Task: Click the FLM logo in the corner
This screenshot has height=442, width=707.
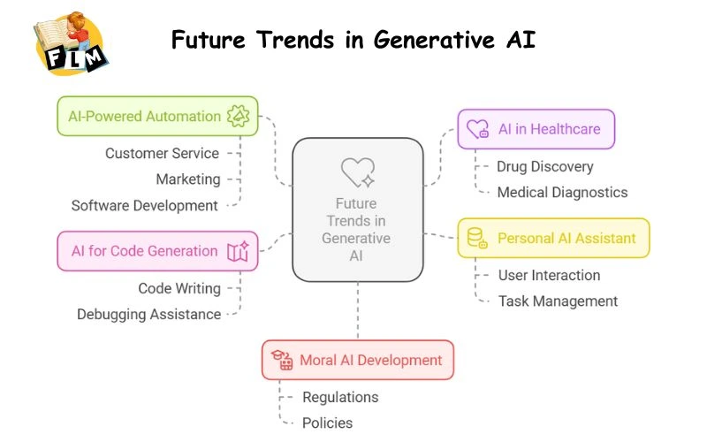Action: pos(71,43)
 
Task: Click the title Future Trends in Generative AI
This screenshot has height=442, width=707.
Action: pos(353,40)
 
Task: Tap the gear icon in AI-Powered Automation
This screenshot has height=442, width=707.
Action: pos(238,116)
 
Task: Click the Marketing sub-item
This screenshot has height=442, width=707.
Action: pos(187,179)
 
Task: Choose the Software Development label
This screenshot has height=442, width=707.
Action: pos(144,205)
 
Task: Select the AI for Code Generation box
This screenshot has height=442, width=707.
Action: pos(158,251)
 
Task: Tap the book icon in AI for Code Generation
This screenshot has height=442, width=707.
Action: pos(238,252)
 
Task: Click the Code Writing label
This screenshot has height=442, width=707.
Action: pos(179,288)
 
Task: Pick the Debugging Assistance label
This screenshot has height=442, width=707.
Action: pos(148,314)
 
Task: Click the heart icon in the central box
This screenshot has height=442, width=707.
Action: pos(357,171)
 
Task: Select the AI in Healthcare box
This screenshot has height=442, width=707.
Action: pos(536,129)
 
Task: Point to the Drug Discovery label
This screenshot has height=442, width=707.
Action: pos(544,166)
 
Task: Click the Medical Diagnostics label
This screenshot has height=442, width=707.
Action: pos(561,192)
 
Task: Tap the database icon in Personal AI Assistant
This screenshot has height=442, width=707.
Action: pos(477,238)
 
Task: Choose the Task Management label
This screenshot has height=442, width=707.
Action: pos(558,301)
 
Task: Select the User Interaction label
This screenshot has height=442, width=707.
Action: pos(549,275)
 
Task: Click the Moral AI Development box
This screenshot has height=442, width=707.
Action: pos(358,360)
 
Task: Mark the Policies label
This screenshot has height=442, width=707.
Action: pos(327,423)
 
